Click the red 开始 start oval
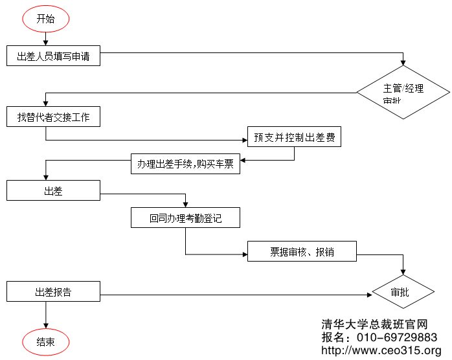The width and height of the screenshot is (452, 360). tap(46, 19)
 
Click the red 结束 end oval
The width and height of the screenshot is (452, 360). tap(45, 342)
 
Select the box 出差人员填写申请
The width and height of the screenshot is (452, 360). tap(53, 56)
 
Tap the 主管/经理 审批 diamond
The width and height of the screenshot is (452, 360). tap(404, 93)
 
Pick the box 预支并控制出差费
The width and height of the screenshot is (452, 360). tap(294, 137)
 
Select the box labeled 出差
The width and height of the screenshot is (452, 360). tap(53, 190)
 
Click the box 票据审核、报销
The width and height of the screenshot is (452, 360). tap(302, 251)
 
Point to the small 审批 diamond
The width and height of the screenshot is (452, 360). tap(404, 293)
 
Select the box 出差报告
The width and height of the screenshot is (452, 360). tap(53, 291)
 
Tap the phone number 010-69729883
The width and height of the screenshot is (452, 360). tap(398, 337)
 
